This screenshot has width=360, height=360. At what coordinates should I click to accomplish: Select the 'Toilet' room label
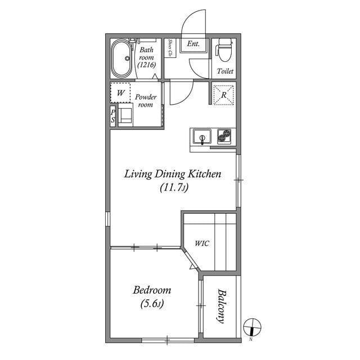tap(226, 72)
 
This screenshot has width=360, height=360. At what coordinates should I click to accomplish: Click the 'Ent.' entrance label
tap(193, 44)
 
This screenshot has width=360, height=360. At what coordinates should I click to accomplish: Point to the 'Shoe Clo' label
tap(169, 48)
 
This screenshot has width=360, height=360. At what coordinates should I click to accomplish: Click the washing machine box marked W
tap(120, 92)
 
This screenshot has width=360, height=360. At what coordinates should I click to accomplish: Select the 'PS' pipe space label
tap(113, 116)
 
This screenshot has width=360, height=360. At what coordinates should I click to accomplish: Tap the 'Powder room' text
tap(145, 101)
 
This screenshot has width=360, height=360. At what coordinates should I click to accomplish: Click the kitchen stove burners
tap(225, 136)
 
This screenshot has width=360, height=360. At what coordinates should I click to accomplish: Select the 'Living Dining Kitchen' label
tap(172, 174)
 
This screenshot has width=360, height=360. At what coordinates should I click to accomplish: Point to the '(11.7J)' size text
tap(173, 188)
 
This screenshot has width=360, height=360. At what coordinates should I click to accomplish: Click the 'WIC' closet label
tap(202, 244)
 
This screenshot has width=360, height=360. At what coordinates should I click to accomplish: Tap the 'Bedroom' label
tap(152, 291)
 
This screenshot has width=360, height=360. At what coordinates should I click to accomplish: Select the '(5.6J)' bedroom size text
tap(152, 305)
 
